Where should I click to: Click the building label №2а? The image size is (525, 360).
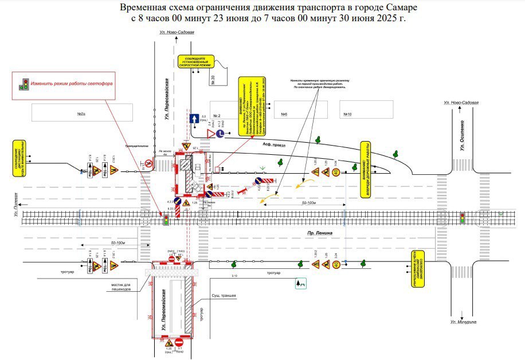(x=81, y=114)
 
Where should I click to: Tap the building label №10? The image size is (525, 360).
(x=347, y=114)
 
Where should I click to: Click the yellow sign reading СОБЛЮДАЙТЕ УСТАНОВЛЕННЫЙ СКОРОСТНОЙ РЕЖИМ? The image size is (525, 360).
(x=195, y=61)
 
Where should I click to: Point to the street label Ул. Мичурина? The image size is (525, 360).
(x=463, y=322)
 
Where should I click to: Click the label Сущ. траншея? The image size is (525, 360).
(x=224, y=295)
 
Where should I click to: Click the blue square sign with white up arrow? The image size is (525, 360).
(x=194, y=119)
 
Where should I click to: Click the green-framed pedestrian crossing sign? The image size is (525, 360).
(x=300, y=283)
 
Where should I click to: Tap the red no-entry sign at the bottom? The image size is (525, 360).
(x=179, y=343)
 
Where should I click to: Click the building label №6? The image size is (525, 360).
(x=284, y=114)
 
